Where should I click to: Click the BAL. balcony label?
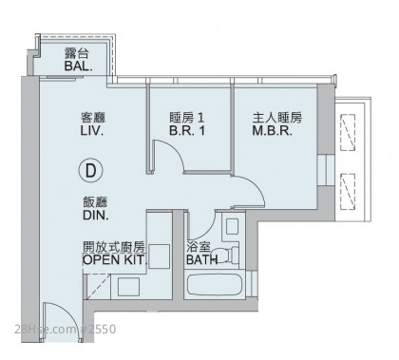coord(78,66)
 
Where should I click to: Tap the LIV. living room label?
coord(92,131)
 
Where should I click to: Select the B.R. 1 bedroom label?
coord(187,130)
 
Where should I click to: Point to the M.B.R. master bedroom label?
coord(273,130)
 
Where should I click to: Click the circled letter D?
coord(91,171)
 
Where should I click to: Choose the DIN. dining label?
coord(95,215)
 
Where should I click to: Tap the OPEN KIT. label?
coord(115,259)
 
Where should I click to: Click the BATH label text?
coord(202,260)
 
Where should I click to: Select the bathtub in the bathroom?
coord(215,285)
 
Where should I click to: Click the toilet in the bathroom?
coord(230,255)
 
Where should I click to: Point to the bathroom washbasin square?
coord(233,226)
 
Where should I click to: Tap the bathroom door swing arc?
coord(206,229)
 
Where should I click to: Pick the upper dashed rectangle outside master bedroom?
coord(348,132)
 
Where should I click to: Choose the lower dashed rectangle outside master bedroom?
coord(348,191)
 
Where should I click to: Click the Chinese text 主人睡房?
coord(277,118)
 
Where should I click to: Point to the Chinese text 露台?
coord(76,53)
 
